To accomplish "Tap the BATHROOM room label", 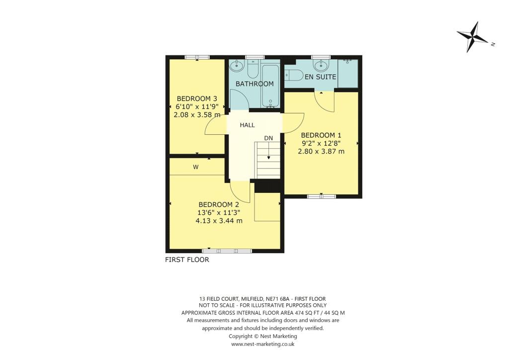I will pyautogui.click(x=254, y=84).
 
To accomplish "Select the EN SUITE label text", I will pyautogui.click(x=321, y=77).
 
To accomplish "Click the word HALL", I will pyautogui.click(x=247, y=125).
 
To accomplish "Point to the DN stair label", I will pyautogui.click(x=268, y=138).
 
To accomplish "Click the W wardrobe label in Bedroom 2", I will pyautogui.click(x=196, y=168).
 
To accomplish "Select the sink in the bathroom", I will pyautogui.click(x=237, y=65).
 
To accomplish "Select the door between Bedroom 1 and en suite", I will pyautogui.click(x=326, y=102).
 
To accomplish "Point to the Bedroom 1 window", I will pyautogui.click(x=321, y=196).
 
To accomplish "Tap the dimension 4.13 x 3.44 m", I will pyautogui.click(x=219, y=221).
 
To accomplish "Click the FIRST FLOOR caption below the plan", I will pyautogui.click(x=187, y=260).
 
